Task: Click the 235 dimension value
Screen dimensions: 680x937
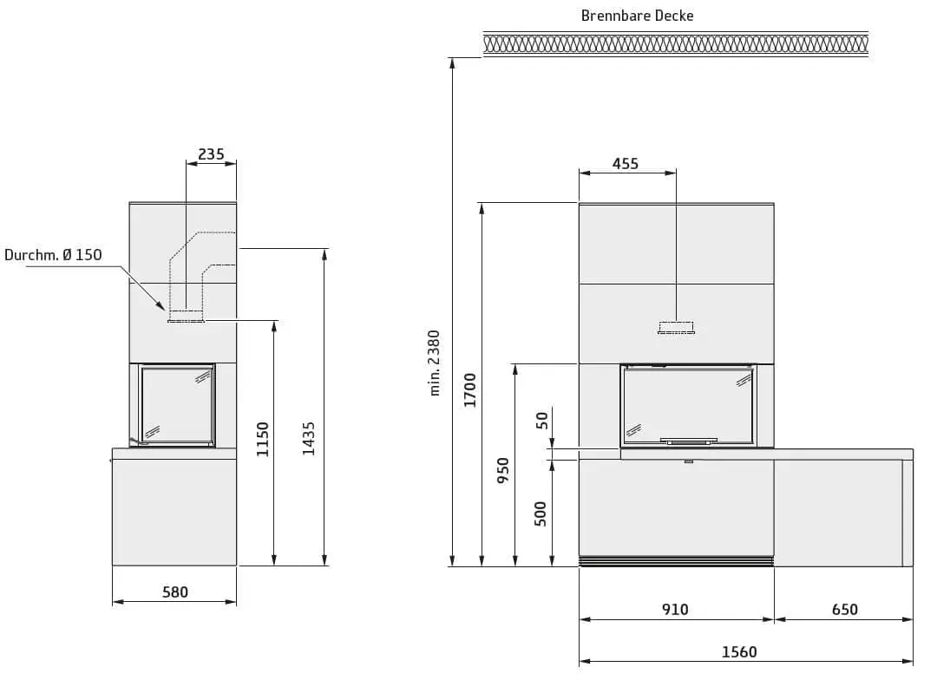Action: [211, 154]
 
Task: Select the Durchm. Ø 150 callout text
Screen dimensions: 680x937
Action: [53, 254]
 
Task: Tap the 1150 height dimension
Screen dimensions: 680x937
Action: [263, 439]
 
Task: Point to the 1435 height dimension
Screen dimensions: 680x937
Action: [310, 439]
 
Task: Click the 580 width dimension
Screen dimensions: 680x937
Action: [174, 592]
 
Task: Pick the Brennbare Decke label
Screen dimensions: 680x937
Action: [637, 16]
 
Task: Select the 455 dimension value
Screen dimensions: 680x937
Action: [625, 163]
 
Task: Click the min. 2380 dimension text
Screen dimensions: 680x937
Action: [435, 362]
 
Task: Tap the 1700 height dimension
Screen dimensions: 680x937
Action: [470, 390]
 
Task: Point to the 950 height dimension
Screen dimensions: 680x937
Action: [503, 470]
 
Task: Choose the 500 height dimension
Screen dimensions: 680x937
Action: [541, 513]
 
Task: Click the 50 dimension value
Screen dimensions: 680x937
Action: [541, 421]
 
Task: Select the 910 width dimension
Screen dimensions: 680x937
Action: [675, 610]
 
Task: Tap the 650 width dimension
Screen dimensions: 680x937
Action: [844, 610]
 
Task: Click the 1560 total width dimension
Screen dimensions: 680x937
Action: [739, 651]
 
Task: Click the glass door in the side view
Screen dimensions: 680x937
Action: [178, 405]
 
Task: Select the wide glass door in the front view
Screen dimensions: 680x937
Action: [688, 403]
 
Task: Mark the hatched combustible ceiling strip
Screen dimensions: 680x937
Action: [675, 44]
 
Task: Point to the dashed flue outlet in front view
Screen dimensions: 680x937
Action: [676, 327]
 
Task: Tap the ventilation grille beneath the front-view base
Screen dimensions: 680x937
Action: [676, 561]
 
